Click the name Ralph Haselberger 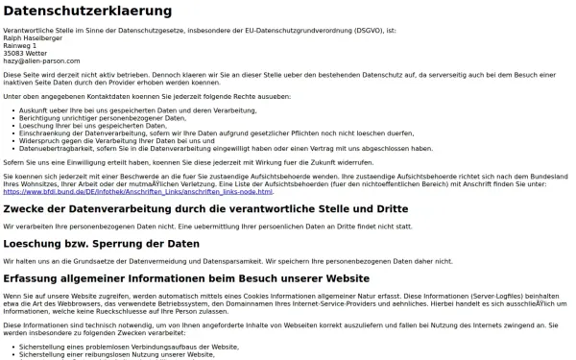pyautogui.click(x=31, y=37)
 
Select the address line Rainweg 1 pyautogui.click(x=20, y=45)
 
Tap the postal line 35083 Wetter pyautogui.click(x=25, y=53)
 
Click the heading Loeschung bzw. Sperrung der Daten pyautogui.click(x=102, y=244)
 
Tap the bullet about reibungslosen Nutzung pyautogui.click(x=116, y=351)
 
